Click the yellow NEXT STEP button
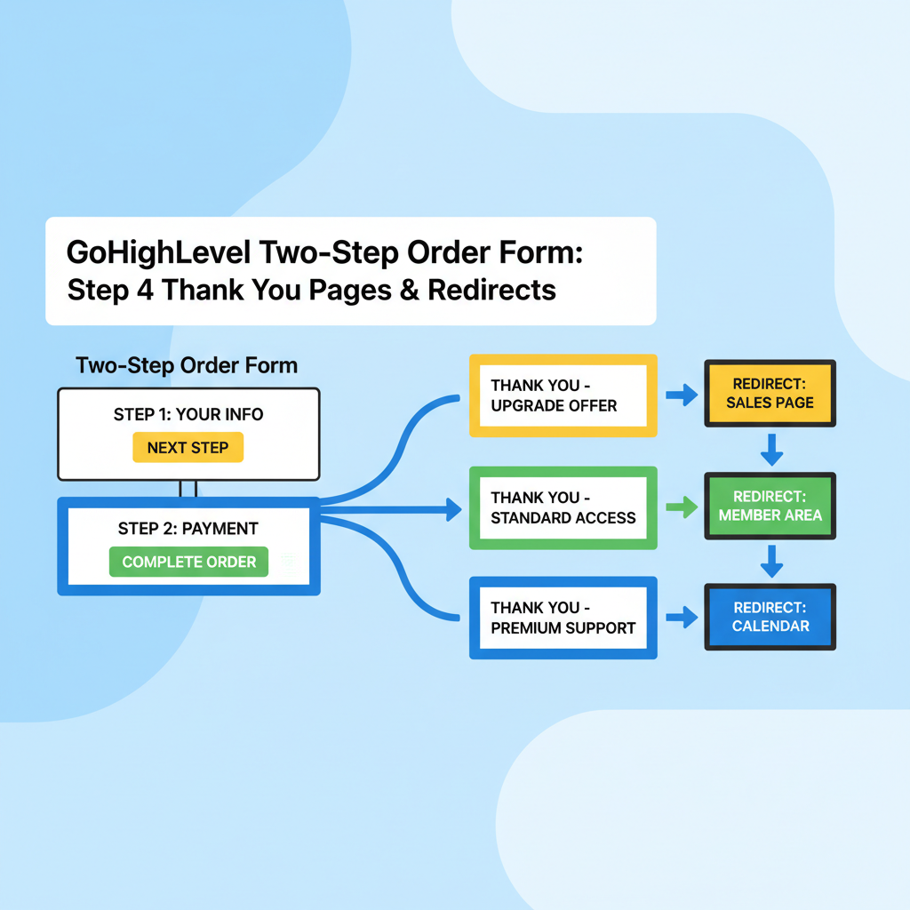pos(188,448)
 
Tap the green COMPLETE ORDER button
pos(188,562)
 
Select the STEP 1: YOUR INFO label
pos(188,414)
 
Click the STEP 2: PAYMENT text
pos(188,528)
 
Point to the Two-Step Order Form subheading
pos(187,365)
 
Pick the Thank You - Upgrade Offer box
pos(563,395)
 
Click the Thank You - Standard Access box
pos(563,507)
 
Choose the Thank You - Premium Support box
pos(563,617)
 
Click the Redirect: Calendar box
pos(770,616)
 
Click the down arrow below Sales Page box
pos(771,450)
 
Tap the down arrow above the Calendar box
pos(771,561)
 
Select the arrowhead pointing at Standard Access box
pos(453,509)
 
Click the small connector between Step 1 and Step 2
pos(188,489)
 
